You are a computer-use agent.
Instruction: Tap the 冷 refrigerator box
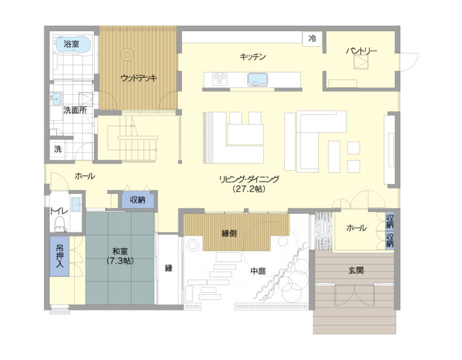[x=312, y=39]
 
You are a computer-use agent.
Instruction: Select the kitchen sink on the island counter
[x=257, y=79]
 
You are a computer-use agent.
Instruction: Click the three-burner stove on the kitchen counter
[x=220, y=79]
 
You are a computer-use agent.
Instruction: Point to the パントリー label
[x=361, y=51]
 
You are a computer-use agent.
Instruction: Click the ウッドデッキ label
[x=139, y=78]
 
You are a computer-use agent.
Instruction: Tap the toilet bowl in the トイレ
[x=60, y=224]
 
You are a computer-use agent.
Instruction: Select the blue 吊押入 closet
[x=59, y=256]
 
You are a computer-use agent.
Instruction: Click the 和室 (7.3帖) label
[x=120, y=256]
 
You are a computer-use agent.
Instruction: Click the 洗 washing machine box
[x=58, y=149]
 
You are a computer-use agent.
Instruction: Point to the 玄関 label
[x=356, y=270]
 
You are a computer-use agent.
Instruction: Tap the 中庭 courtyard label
[x=258, y=270]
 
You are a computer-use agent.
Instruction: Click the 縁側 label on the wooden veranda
[x=229, y=234]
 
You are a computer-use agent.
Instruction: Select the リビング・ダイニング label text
[x=249, y=179]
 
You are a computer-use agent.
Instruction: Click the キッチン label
[x=253, y=56]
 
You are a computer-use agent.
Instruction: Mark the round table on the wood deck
[x=127, y=54]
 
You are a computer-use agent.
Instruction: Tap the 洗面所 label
[x=75, y=110]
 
